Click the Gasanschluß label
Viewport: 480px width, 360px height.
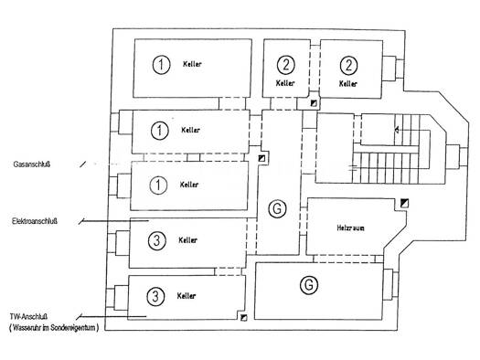[x=32, y=164]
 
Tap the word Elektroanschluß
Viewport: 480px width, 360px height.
[x=35, y=221]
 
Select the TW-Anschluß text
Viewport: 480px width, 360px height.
[x=28, y=317]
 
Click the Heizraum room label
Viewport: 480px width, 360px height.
[x=350, y=228]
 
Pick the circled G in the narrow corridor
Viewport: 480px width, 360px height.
[x=277, y=209]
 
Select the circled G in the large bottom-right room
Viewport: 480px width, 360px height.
[x=309, y=285]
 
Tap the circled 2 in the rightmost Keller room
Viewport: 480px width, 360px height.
[x=348, y=65]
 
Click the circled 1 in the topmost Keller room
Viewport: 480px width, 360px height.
[x=161, y=65]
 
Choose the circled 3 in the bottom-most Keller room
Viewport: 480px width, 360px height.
[x=155, y=296]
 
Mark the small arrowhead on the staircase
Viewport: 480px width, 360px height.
[x=397, y=131]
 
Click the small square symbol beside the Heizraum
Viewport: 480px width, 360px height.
[x=405, y=203]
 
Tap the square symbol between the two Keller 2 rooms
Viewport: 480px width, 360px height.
[x=314, y=103]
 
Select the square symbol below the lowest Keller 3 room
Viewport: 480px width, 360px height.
[x=244, y=318]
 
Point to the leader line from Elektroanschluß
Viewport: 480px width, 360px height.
[x=113, y=221]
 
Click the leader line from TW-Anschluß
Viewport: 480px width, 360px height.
[x=112, y=316]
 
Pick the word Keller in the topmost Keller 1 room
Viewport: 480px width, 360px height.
[x=192, y=64]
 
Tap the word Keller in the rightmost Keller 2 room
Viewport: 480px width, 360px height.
[x=348, y=83]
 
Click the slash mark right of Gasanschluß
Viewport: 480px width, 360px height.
[x=82, y=164]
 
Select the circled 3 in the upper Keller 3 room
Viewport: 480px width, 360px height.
[x=157, y=240]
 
